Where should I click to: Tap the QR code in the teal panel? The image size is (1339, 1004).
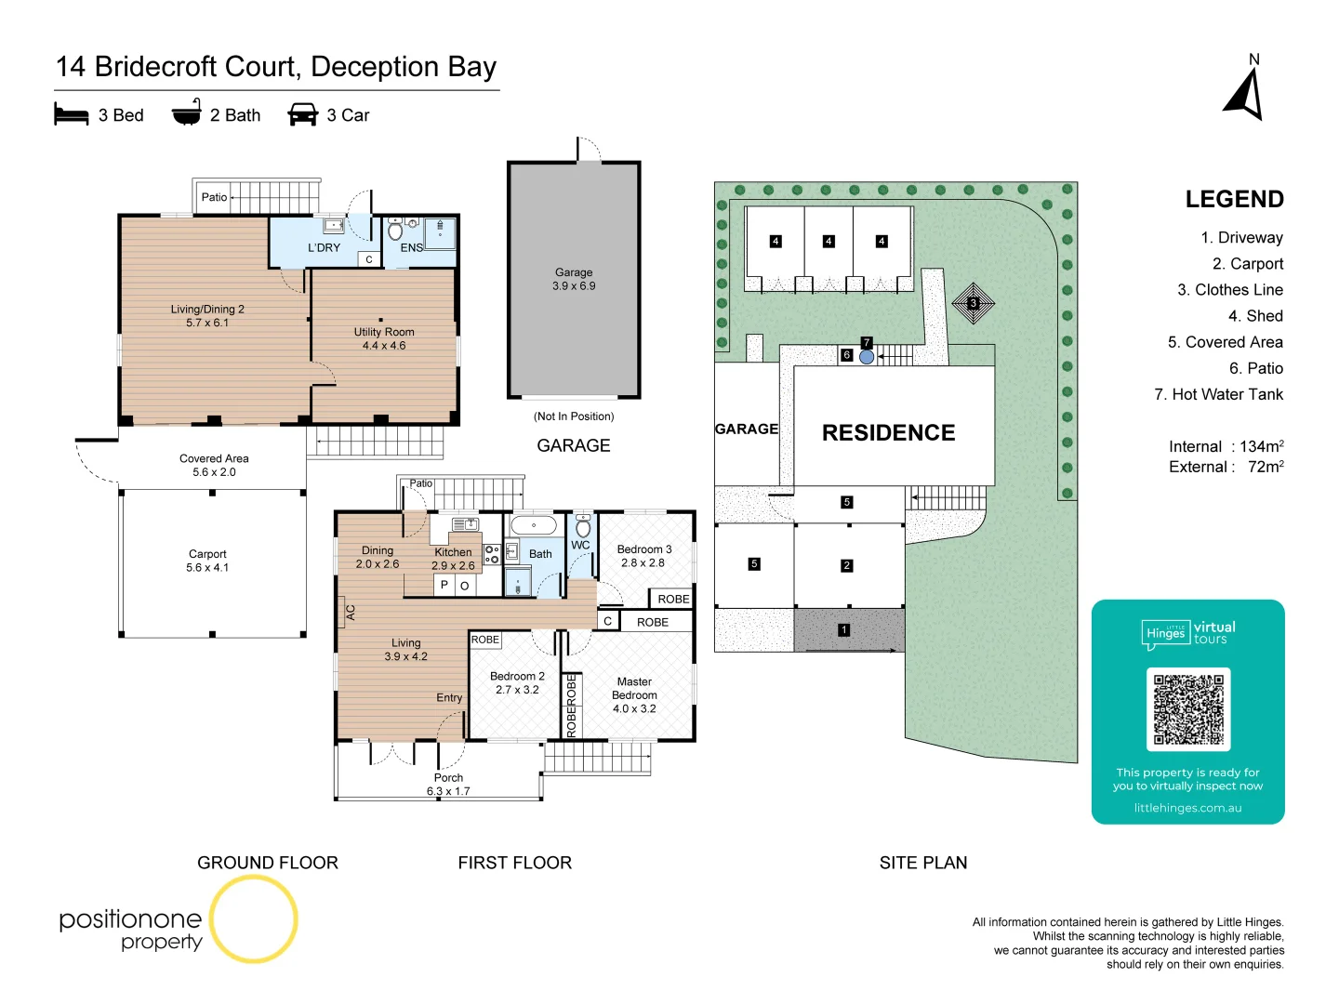click(x=1188, y=709)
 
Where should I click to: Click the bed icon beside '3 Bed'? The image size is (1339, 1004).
click(x=72, y=114)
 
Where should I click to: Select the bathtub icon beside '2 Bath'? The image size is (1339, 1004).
click(x=187, y=113)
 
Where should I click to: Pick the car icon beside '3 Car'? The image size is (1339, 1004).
click(x=303, y=114)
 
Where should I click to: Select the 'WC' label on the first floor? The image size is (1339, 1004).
click(x=580, y=546)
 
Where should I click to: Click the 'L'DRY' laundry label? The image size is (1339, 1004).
click(x=324, y=248)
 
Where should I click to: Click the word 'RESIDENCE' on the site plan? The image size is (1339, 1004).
click(x=888, y=433)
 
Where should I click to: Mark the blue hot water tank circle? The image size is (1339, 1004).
click(x=867, y=357)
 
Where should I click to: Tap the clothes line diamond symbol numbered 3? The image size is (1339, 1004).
click(x=974, y=303)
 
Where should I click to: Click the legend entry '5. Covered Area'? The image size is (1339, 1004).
click(x=1225, y=342)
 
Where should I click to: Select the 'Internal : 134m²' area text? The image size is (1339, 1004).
click(x=1226, y=446)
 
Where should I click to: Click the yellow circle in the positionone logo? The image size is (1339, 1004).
click(x=253, y=918)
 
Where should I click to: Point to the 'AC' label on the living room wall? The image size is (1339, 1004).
click(x=351, y=613)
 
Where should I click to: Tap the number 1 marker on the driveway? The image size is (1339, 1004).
click(x=843, y=630)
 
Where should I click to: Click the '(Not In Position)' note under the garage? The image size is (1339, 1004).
click(x=574, y=416)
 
